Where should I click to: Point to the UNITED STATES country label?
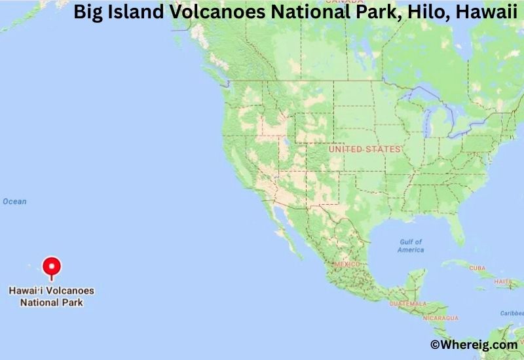click(x=364, y=149)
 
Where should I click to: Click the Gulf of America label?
click(x=411, y=245)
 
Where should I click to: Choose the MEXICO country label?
click(x=347, y=264)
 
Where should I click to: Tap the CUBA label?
click(x=477, y=268)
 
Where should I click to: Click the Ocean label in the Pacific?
click(x=14, y=202)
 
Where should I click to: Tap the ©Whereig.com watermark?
click(x=473, y=344)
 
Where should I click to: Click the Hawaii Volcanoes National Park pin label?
click(x=51, y=297)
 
